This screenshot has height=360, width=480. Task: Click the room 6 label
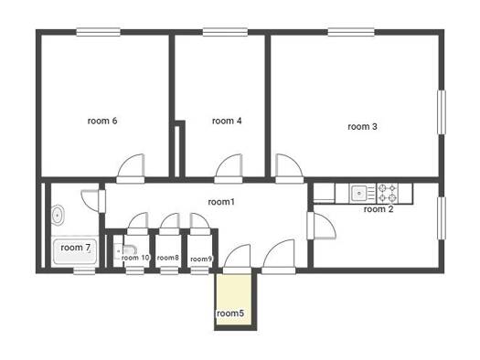[102, 121]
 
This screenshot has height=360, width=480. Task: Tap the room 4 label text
[227, 121]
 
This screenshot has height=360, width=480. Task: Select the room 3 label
[362, 126]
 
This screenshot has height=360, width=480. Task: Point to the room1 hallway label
[221, 202]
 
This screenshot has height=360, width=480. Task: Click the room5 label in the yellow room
[230, 313]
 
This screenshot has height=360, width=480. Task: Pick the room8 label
[167, 258]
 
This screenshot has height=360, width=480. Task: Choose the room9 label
[201, 259]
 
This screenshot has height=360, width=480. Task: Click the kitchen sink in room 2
[362, 194]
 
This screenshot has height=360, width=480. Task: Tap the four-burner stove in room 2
[388, 194]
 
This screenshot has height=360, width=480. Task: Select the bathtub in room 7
[75, 251]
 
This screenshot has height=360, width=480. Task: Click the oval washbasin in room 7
[58, 216]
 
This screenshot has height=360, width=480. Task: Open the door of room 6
[131, 169]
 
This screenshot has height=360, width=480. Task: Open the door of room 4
[229, 169]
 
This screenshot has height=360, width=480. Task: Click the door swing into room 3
[290, 169]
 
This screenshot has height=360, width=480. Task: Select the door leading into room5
[237, 259]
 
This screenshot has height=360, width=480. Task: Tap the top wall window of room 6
[98, 32]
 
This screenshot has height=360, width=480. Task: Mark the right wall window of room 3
[441, 112]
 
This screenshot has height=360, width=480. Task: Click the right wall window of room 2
[441, 218]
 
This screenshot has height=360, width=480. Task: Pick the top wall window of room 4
[225, 32]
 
